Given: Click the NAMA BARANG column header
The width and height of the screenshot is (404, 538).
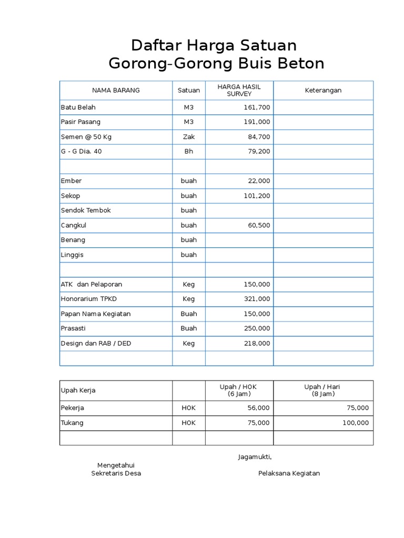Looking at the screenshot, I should [116, 90].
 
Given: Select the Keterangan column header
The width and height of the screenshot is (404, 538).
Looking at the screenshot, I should [323, 90].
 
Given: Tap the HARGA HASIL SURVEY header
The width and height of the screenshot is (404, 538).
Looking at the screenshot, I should [239, 90].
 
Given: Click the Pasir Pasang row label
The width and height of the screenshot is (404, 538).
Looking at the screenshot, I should [80, 122].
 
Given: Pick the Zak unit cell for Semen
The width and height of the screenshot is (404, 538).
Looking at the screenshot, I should [189, 137].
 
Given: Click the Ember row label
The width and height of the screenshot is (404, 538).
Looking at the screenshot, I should [72, 181].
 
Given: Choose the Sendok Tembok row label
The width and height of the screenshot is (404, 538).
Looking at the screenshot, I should [86, 210].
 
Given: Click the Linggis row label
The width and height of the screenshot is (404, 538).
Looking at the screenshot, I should [73, 255].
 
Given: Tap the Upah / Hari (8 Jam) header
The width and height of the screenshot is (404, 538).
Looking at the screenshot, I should [323, 390].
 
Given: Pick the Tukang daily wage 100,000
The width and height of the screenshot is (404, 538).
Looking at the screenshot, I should [355, 423].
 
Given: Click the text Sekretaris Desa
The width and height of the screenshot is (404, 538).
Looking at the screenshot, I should [116, 473].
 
